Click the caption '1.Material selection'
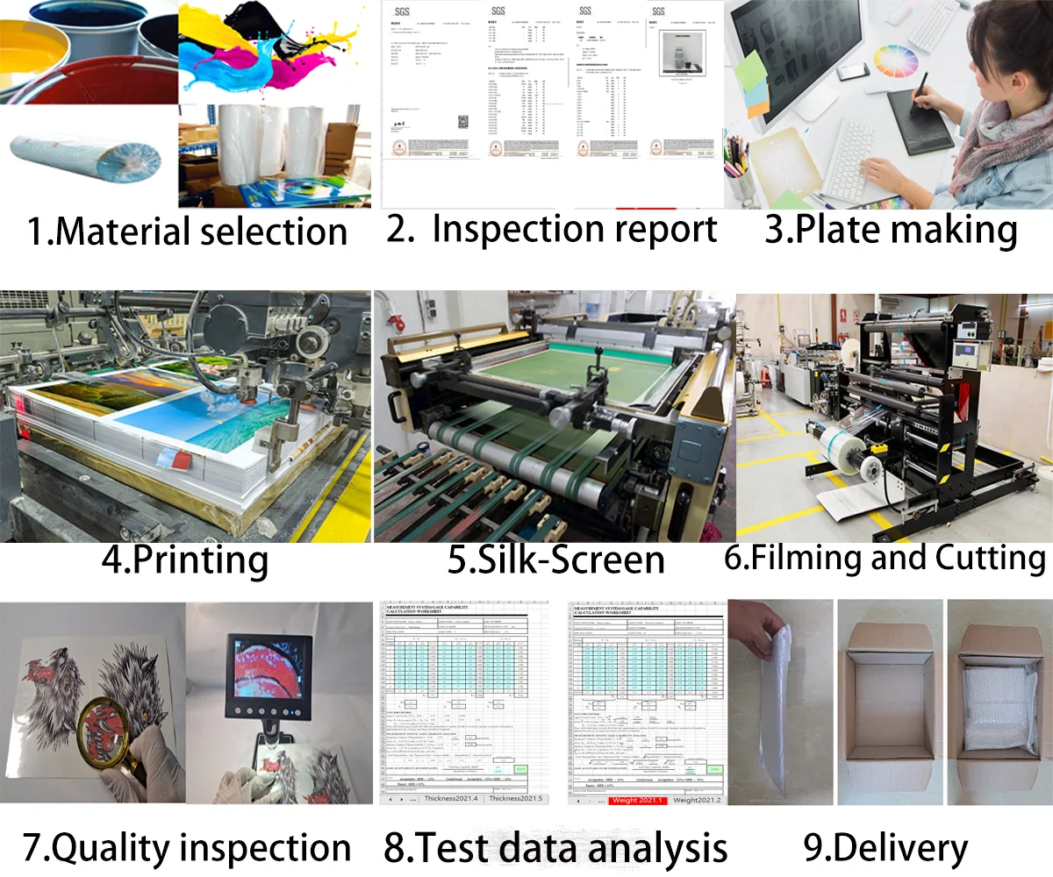tap(187, 232)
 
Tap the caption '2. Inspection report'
tap(553, 229)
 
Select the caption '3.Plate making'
tap(891, 229)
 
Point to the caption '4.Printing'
tap(184, 560)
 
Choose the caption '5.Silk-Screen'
tap(555, 560)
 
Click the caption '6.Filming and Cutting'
tap(885, 558)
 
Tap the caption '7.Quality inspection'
tap(187, 848)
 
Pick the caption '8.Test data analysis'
tap(555, 848)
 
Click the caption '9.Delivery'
tap(885, 847)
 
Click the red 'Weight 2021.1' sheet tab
tap(637, 800)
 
